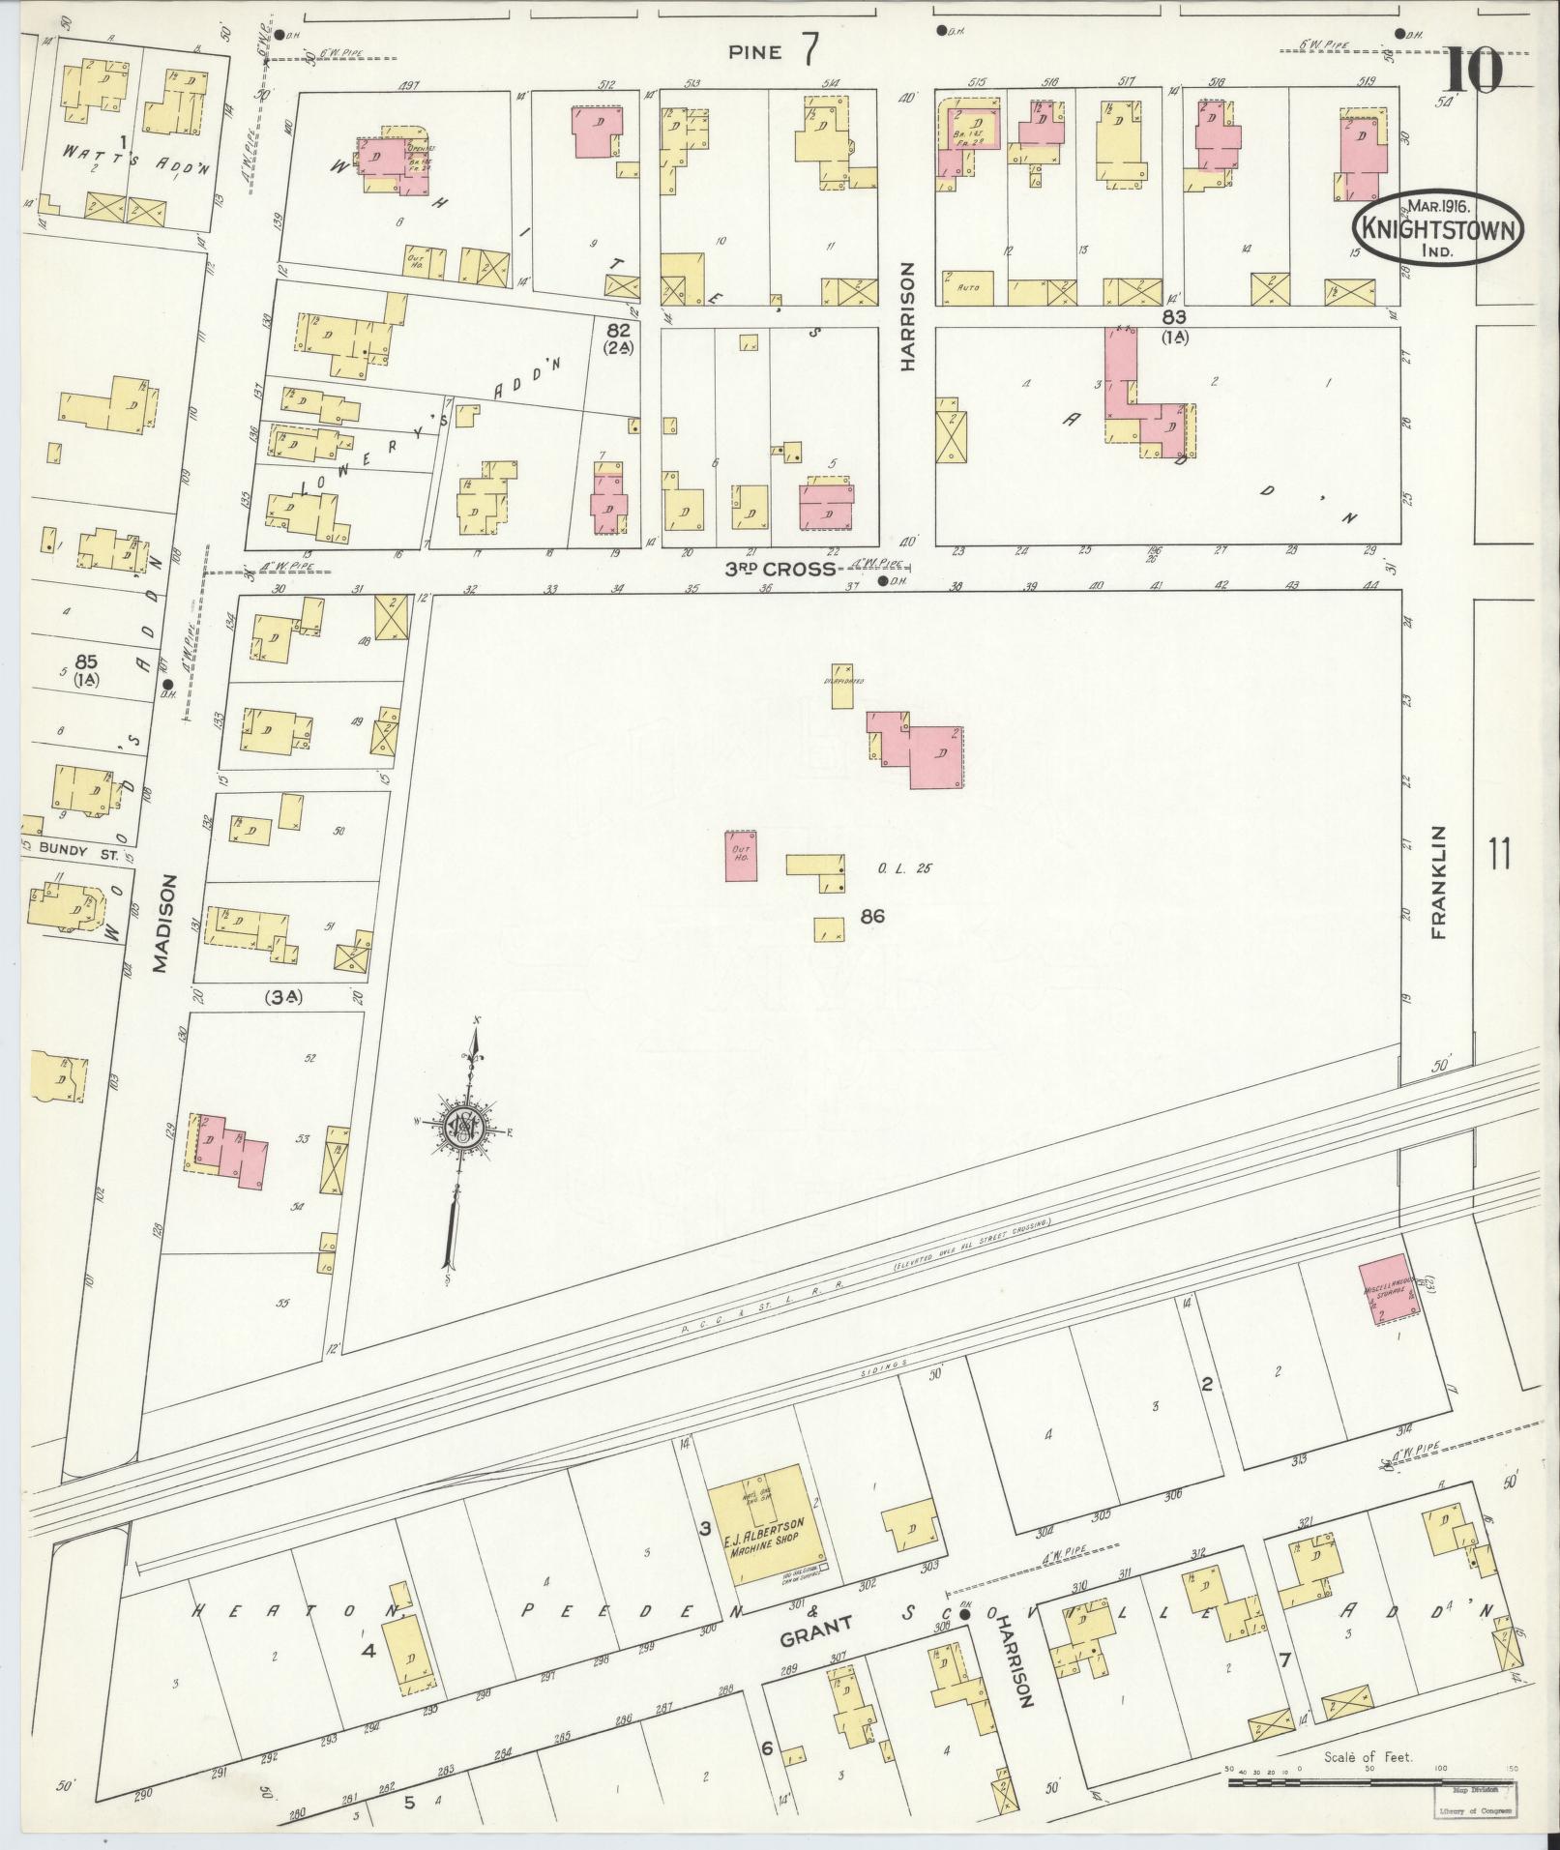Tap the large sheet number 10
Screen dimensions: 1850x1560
[1475, 70]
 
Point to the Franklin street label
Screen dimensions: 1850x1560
[1438, 882]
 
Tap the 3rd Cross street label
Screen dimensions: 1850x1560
[780, 569]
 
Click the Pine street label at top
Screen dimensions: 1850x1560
[755, 52]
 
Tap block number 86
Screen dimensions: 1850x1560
[871, 915]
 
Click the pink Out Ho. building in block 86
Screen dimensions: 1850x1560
[741, 856]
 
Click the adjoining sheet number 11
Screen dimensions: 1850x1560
[1500, 855]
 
